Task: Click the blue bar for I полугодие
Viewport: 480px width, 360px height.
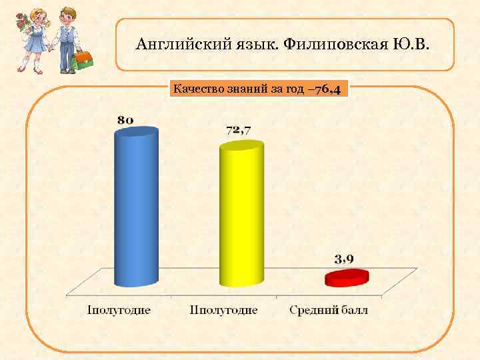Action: [137, 207]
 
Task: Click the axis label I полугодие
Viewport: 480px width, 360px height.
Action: [119, 310]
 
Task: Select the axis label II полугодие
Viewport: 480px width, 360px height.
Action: [224, 310]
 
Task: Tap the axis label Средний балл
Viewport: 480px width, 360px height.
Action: [329, 310]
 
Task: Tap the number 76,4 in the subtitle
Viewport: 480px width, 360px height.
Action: [329, 89]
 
